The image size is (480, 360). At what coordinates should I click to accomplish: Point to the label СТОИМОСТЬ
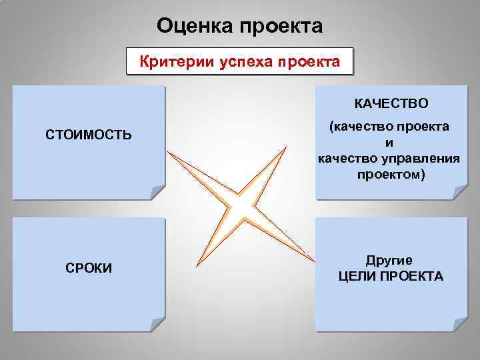point(89,135)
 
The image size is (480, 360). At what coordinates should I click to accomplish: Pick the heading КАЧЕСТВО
point(391,104)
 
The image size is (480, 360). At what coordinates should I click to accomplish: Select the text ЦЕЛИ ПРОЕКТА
point(391,276)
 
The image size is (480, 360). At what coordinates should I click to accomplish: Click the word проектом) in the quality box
point(390,174)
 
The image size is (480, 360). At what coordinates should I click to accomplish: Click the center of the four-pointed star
point(241,207)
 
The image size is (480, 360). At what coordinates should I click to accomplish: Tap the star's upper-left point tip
point(168,152)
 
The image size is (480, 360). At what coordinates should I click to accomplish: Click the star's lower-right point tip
point(313,259)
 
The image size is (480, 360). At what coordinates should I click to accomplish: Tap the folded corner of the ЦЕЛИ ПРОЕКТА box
point(459,324)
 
